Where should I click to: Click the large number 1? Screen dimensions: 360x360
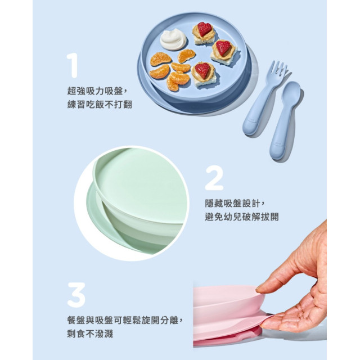[x=72, y=66]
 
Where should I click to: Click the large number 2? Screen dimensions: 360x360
[x=214, y=179]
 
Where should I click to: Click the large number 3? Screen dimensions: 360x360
[x=76, y=295]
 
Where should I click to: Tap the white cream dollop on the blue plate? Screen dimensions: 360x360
[x=173, y=39]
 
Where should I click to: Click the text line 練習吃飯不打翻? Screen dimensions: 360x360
[x=100, y=104]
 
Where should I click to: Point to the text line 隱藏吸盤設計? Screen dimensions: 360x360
[x=235, y=203]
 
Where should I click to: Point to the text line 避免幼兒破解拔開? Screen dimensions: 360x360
[x=241, y=217]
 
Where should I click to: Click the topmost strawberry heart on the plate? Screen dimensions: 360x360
[x=204, y=29]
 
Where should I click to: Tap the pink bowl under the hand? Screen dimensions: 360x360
[x=225, y=304]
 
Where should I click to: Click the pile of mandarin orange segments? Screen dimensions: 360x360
[x=172, y=70]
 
